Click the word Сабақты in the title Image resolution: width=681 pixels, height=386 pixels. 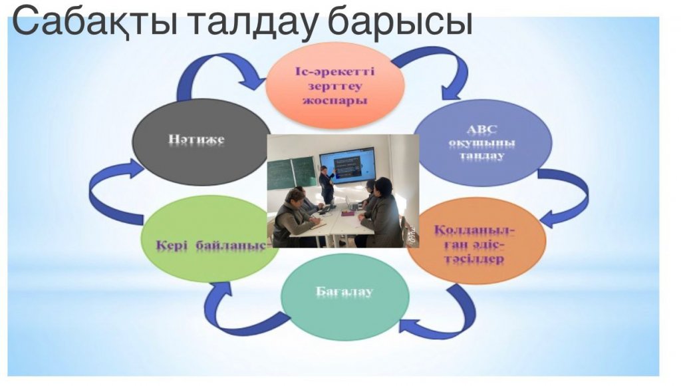pos(94,21)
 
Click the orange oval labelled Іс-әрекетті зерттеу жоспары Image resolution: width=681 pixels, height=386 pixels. pos(335,86)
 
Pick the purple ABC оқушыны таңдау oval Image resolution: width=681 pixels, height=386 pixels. pos(483,142)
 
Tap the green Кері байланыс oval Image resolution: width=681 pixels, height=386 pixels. pos(211,239)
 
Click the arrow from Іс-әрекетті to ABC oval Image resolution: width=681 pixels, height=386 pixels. pos(439,61)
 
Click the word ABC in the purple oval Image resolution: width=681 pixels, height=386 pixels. pos(482,130)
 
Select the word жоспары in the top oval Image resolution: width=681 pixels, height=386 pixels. pos(335,100)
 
